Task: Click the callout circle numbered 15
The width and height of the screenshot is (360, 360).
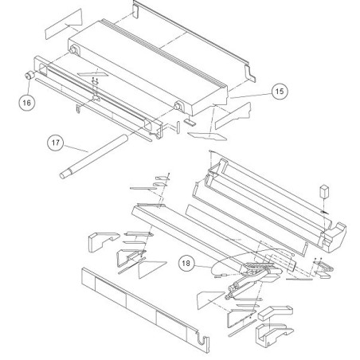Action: tap(280, 92)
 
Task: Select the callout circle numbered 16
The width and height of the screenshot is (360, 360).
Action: tap(27, 103)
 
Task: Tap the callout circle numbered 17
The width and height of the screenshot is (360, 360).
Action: tap(56, 143)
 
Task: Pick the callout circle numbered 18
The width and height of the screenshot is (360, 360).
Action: tap(186, 264)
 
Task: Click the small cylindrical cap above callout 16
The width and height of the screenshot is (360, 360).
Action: tap(29, 76)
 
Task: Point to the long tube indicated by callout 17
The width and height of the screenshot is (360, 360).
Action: tap(93, 157)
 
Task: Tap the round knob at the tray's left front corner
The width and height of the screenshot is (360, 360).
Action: tap(73, 50)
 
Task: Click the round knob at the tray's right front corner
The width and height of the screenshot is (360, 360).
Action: tap(178, 106)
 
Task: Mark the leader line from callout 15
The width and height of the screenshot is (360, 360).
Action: tap(251, 96)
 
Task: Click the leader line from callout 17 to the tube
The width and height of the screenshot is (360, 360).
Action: tap(76, 148)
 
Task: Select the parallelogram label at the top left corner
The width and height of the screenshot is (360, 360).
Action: tap(64, 24)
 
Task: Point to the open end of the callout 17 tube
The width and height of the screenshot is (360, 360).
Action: tap(63, 176)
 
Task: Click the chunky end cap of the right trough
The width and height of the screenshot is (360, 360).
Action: tap(334, 237)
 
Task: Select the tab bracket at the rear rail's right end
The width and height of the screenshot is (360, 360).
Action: tap(250, 73)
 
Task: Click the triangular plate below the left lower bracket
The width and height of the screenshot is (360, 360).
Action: tap(151, 268)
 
